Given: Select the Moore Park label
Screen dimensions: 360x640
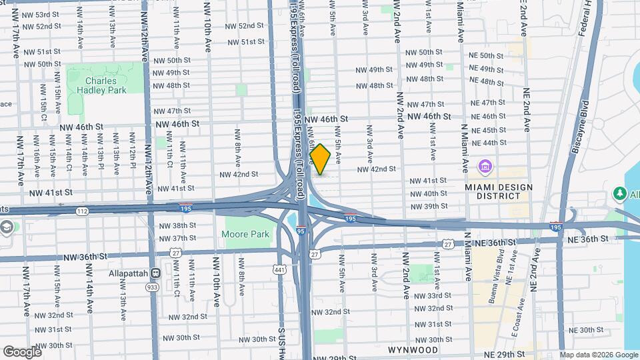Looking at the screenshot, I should (x=245, y=235).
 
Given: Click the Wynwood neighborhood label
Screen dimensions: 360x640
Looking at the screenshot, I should (x=413, y=350).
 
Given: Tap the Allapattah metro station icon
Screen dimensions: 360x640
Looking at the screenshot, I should (x=155, y=273).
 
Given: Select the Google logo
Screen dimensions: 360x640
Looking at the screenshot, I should (x=23, y=351).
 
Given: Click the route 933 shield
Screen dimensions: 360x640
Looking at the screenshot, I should (x=152, y=287).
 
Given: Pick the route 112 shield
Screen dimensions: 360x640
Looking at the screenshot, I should (x=82, y=211).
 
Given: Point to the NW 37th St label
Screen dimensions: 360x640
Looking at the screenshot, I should (x=175, y=238).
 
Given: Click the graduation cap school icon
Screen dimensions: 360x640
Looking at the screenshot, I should (x=7, y=227).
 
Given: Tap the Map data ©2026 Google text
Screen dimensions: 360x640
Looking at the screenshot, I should (x=598, y=355).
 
